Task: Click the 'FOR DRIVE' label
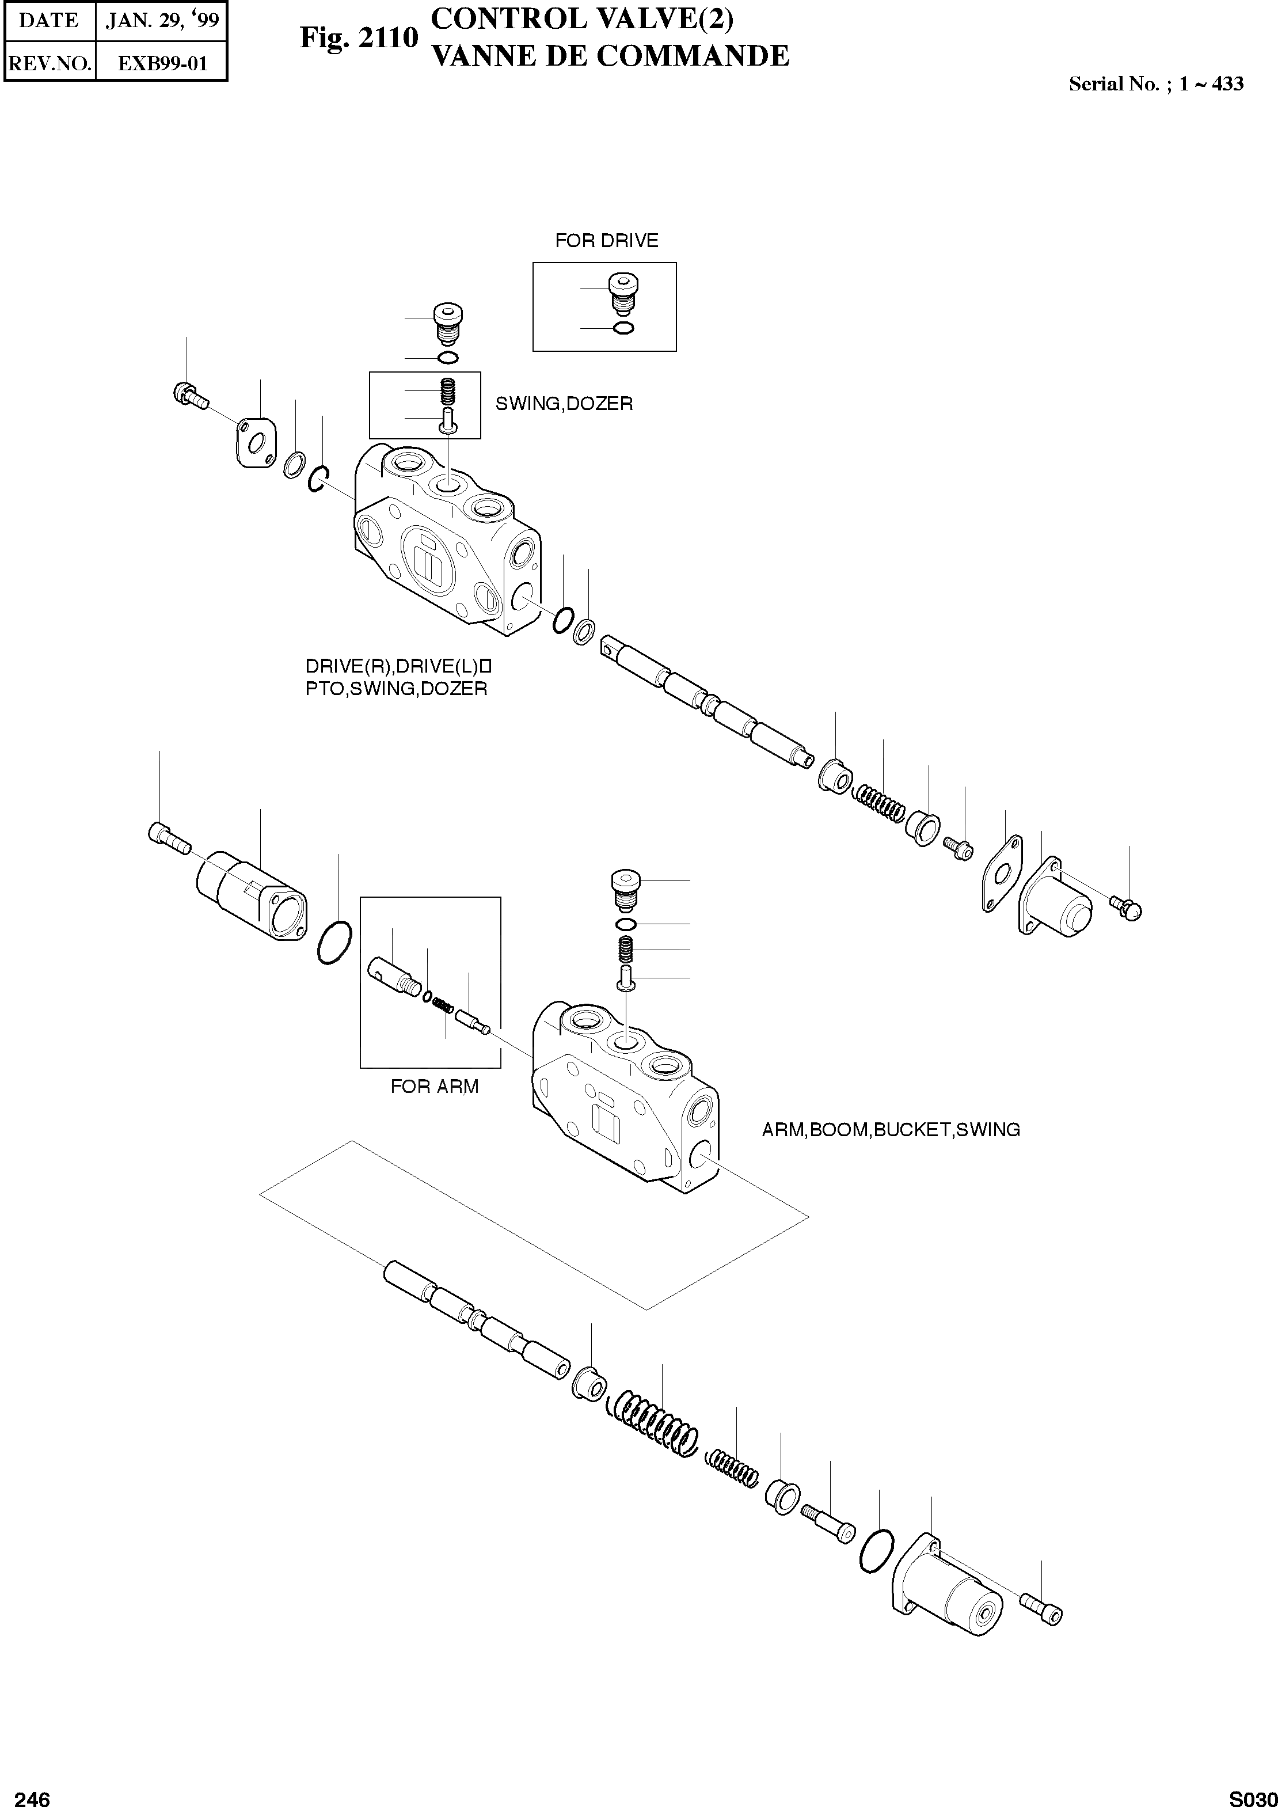[x=606, y=241]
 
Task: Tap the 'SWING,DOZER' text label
[x=564, y=404]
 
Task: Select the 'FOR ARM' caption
[x=435, y=1087]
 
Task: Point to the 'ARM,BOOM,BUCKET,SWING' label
[x=891, y=1129]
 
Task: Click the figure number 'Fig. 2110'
[x=358, y=38]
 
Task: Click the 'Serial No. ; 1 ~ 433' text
[x=1155, y=84]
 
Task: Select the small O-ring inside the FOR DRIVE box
[x=622, y=328]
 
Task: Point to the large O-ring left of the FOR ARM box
[x=334, y=942]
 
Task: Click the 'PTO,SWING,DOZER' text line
[x=396, y=689]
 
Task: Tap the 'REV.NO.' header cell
[x=50, y=63]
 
